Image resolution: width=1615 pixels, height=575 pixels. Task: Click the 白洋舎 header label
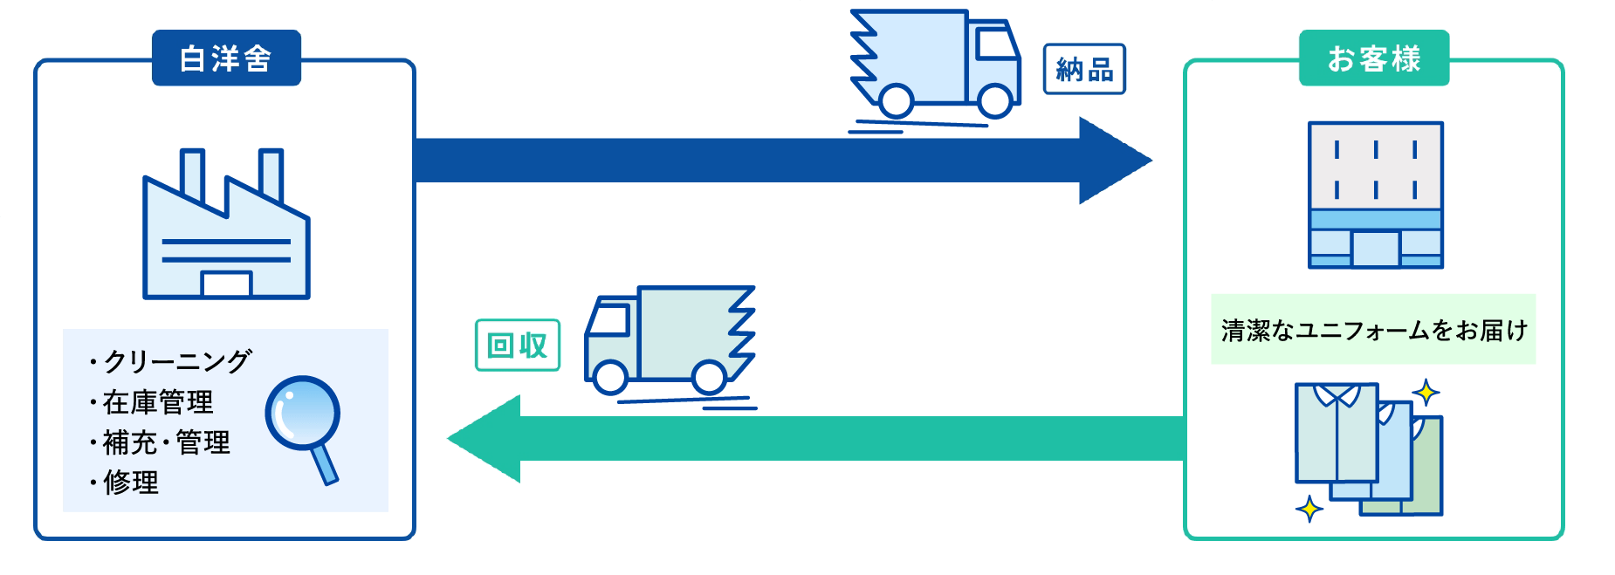click(226, 58)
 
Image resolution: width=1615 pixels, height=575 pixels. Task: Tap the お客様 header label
click(1373, 58)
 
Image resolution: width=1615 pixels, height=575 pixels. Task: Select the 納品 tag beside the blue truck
click(1084, 69)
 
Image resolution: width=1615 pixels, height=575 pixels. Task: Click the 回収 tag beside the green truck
click(517, 346)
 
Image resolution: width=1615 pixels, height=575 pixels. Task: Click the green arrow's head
click(485, 438)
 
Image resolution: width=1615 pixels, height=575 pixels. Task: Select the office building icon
click(1375, 195)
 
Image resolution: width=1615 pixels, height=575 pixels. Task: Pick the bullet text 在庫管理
click(158, 402)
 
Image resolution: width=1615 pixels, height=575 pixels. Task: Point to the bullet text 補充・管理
click(166, 442)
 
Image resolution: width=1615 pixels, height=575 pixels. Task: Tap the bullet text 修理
click(131, 483)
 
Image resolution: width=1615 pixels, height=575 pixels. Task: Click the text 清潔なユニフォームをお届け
click(1373, 330)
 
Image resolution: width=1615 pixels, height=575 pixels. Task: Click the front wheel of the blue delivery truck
click(995, 100)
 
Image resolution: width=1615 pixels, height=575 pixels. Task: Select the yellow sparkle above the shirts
click(1426, 393)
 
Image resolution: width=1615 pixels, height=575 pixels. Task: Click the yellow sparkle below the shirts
click(1309, 508)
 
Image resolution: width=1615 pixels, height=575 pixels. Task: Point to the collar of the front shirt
click(1337, 395)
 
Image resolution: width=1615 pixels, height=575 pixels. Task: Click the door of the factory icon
click(226, 284)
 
